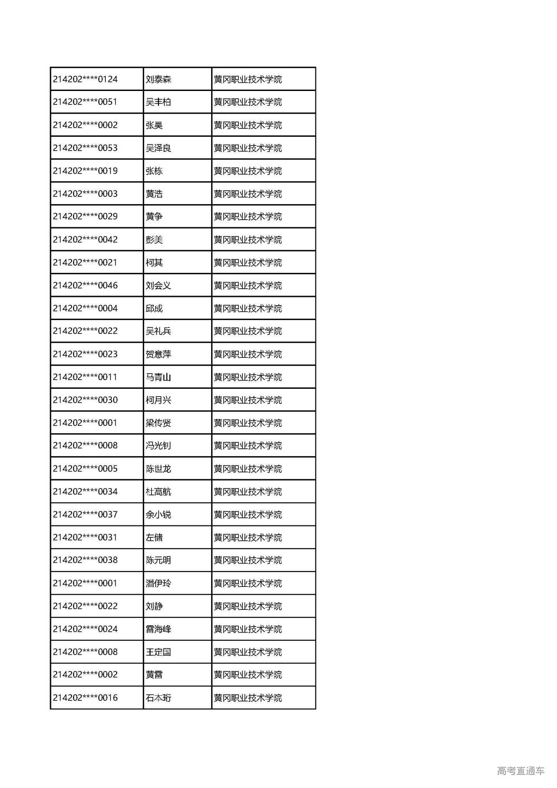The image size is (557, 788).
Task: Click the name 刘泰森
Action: click(158, 79)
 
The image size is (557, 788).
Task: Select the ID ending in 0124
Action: click(85, 79)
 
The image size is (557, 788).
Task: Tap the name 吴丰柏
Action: click(158, 102)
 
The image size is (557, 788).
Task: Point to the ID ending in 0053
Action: click(85, 148)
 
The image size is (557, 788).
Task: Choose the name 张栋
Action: click(154, 171)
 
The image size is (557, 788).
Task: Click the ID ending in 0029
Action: click(85, 216)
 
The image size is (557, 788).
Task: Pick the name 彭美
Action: click(154, 239)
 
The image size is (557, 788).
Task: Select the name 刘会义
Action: click(158, 286)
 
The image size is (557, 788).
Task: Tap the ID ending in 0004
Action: click(85, 308)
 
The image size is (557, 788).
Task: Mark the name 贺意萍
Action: click(158, 354)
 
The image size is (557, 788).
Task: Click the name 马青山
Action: click(158, 377)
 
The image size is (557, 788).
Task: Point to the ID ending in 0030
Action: click(85, 400)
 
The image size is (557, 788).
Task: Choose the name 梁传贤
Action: click(158, 423)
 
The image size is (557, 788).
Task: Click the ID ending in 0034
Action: click(85, 492)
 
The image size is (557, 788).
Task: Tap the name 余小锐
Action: click(158, 515)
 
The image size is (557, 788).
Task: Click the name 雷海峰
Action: click(158, 629)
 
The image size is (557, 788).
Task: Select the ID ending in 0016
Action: click(85, 698)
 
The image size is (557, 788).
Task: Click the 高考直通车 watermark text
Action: click(520, 771)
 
